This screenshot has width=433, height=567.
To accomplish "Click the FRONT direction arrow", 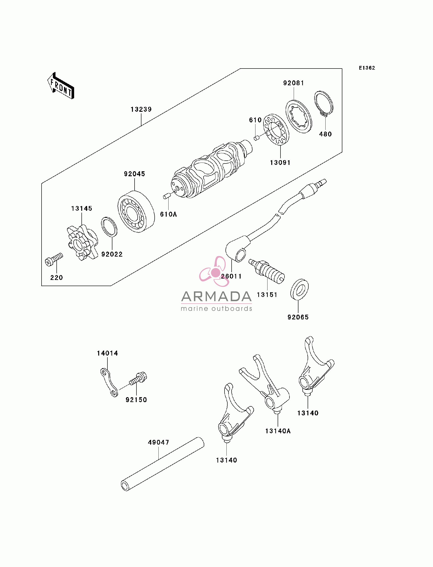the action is click(61, 86).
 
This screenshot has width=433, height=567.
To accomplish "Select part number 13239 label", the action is click(141, 109).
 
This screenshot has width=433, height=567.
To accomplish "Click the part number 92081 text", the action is click(293, 83).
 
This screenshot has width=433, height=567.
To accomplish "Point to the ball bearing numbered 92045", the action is click(136, 211).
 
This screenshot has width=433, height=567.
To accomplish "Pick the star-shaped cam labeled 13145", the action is click(82, 242).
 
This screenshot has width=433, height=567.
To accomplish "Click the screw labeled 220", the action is click(54, 259).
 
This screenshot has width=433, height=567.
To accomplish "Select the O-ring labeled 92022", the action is click(109, 227).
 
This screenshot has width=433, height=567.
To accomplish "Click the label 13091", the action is click(280, 163).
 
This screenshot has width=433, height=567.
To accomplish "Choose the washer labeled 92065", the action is click(300, 289).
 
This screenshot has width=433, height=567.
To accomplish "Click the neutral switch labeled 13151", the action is click(267, 272).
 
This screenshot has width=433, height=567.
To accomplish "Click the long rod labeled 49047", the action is click(162, 464).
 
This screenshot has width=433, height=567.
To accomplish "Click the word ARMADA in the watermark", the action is click(216, 296).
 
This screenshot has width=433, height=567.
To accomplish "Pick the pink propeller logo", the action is click(214, 271).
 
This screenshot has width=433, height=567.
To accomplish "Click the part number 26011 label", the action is click(231, 276).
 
